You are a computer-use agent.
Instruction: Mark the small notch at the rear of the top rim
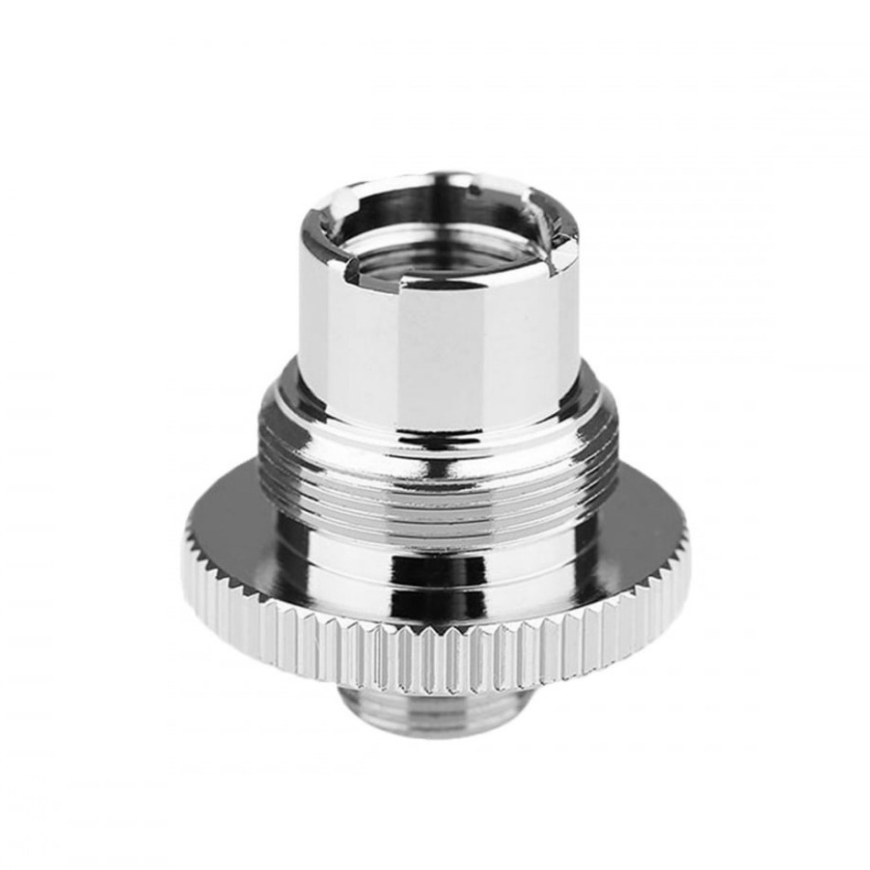pyautogui.click(x=475, y=188)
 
